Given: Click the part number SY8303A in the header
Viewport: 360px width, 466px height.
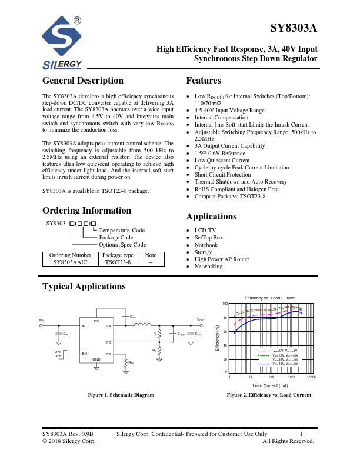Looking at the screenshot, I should point(294,29).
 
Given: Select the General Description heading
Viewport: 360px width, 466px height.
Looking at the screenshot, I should point(83,81).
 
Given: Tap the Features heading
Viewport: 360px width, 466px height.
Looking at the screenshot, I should point(204,81).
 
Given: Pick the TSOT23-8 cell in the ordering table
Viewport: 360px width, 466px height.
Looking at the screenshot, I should point(118,263).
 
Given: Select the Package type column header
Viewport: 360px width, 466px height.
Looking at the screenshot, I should point(118,255).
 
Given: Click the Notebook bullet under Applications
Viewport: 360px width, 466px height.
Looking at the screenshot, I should point(206,245).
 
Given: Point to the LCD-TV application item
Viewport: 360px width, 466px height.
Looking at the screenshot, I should point(205,230).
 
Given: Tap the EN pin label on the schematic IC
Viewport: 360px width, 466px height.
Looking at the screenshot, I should point(84,354).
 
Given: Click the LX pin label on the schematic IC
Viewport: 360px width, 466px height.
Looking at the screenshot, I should point(108,325).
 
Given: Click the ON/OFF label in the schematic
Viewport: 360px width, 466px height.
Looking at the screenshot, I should point(58,354).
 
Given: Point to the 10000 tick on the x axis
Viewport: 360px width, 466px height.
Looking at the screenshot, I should point(311,377).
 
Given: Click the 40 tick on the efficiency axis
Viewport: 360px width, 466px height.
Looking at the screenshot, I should point(225,345).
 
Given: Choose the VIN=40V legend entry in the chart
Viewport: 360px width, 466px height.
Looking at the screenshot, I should point(285,364).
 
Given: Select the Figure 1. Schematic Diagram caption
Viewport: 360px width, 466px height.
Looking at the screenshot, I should point(121,395).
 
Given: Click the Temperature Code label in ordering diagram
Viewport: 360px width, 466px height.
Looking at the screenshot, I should point(122,231).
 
